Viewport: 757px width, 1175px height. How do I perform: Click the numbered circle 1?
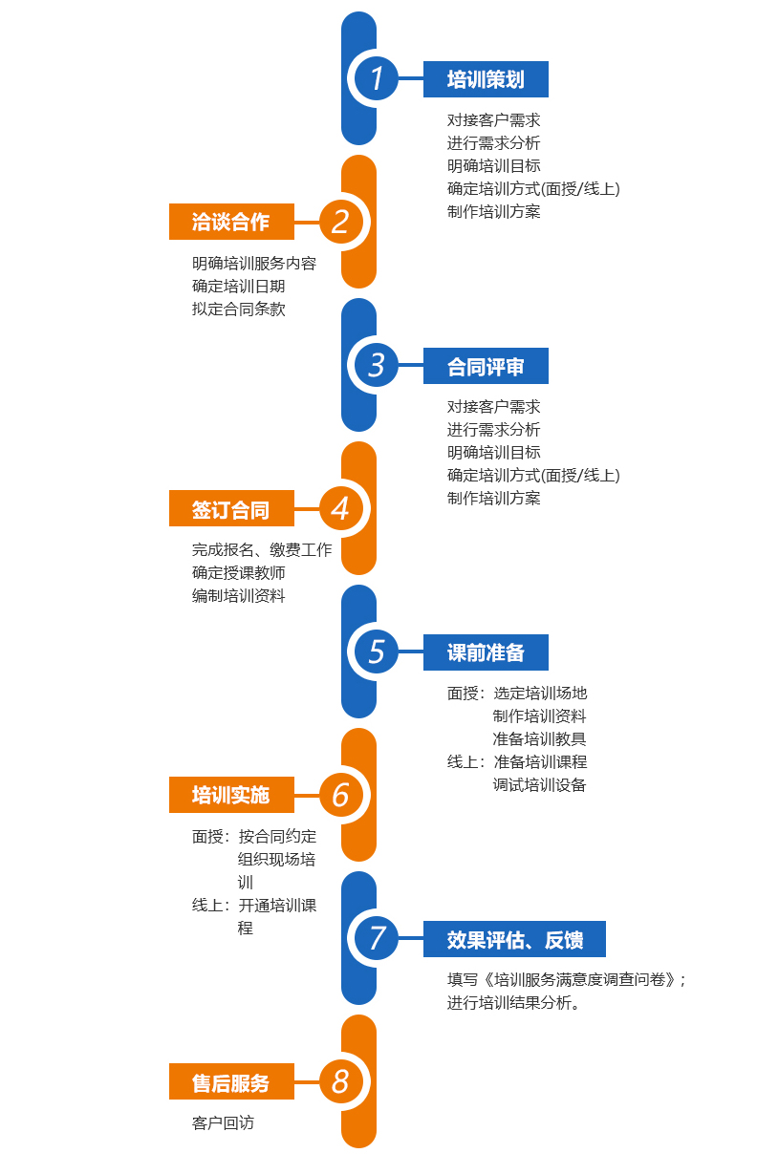point(377,78)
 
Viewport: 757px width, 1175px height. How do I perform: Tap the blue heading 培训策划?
point(486,79)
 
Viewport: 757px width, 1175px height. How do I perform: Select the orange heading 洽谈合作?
point(231,222)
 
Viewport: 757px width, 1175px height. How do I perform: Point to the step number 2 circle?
point(341,222)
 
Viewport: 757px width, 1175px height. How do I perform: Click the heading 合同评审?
point(486,366)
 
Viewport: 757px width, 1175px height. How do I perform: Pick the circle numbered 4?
point(341,508)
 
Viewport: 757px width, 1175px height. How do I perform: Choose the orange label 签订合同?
point(231,509)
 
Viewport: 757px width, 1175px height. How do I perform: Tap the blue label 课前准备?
point(486,652)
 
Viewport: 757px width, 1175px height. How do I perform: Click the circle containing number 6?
point(341,795)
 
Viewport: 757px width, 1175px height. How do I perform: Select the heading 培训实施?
point(231,795)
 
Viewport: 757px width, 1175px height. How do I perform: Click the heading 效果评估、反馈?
point(514,939)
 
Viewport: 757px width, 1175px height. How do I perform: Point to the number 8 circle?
point(341,1081)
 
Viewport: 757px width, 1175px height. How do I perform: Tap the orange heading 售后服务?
point(231,1082)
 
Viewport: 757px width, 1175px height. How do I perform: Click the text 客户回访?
point(223,1123)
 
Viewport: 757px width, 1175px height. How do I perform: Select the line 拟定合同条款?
point(238,310)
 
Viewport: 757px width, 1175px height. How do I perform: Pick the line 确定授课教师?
point(238,573)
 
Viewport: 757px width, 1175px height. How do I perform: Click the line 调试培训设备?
point(539,785)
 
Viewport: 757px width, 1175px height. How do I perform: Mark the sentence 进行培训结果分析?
point(513,1003)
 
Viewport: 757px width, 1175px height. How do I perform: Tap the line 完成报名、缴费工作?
point(261,550)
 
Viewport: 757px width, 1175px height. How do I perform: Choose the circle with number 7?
point(377,938)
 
